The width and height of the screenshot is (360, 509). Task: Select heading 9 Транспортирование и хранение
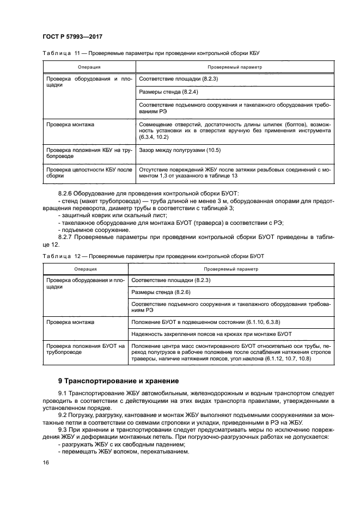[118, 381]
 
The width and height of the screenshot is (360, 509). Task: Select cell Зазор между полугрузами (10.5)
[180, 150]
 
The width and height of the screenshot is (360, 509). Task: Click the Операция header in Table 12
[86, 269]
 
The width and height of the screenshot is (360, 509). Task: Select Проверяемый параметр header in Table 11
[235, 67]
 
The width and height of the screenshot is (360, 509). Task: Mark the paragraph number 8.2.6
[67, 194]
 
